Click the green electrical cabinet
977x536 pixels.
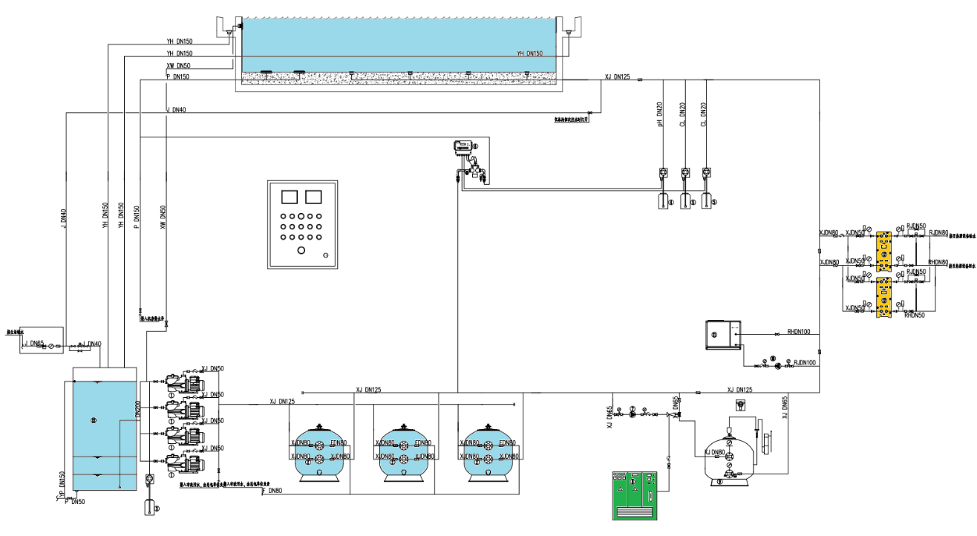634,495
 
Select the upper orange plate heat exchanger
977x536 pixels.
884,250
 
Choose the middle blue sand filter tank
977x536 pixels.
404,452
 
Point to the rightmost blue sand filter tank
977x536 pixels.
488,452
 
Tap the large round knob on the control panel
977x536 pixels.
301,250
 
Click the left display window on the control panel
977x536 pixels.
289,197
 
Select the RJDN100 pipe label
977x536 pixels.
805,362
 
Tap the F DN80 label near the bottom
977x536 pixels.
272,491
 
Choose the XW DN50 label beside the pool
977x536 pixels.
179,66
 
